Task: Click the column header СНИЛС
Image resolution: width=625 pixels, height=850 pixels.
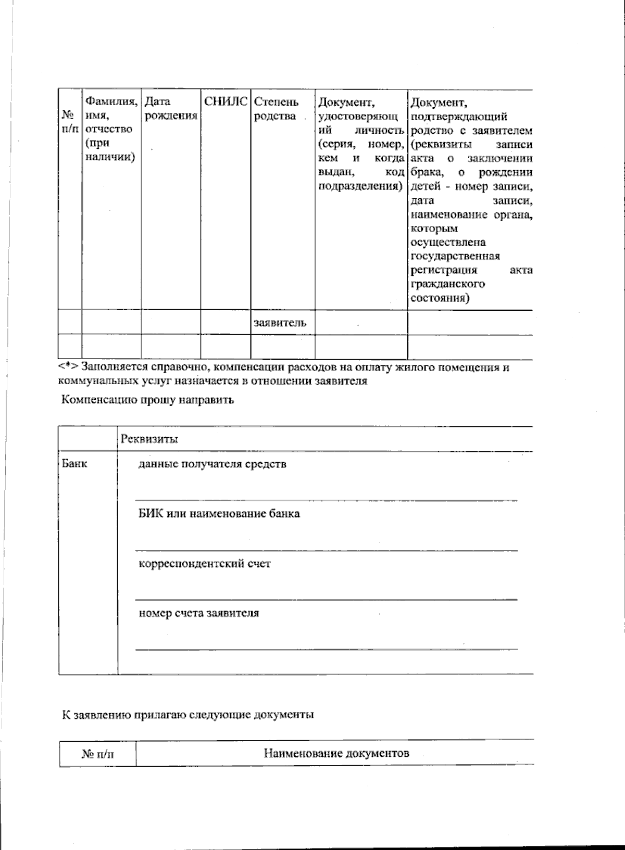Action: (x=225, y=102)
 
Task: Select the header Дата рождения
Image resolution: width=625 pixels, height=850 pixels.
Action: (x=171, y=109)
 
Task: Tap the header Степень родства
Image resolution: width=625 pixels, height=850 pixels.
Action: (x=276, y=109)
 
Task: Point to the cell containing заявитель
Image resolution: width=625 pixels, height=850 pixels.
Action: (x=280, y=323)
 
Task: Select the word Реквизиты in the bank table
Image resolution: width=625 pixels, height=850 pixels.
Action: (x=149, y=439)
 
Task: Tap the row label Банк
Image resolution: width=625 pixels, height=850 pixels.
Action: (x=74, y=463)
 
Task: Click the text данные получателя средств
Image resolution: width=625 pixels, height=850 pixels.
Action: (x=212, y=464)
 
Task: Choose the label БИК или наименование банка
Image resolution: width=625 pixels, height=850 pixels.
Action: (x=219, y=514)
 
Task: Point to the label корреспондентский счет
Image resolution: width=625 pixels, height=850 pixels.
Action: (x=204, y=563)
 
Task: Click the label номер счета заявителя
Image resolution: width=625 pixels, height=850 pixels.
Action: (x=198, y=613)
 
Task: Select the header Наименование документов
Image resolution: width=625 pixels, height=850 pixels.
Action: (x=336, y=753)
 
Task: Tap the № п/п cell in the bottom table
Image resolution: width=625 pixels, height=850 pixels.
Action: (x=97, y=754)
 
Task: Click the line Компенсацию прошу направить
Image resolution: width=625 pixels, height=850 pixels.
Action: (x=148, y=400)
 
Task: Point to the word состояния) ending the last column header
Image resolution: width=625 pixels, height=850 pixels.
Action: (x=440, y=298)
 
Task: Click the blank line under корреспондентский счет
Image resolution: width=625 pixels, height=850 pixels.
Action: (x=326, y=600)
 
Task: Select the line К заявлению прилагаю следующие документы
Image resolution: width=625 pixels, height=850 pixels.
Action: (x=188, y=715)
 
